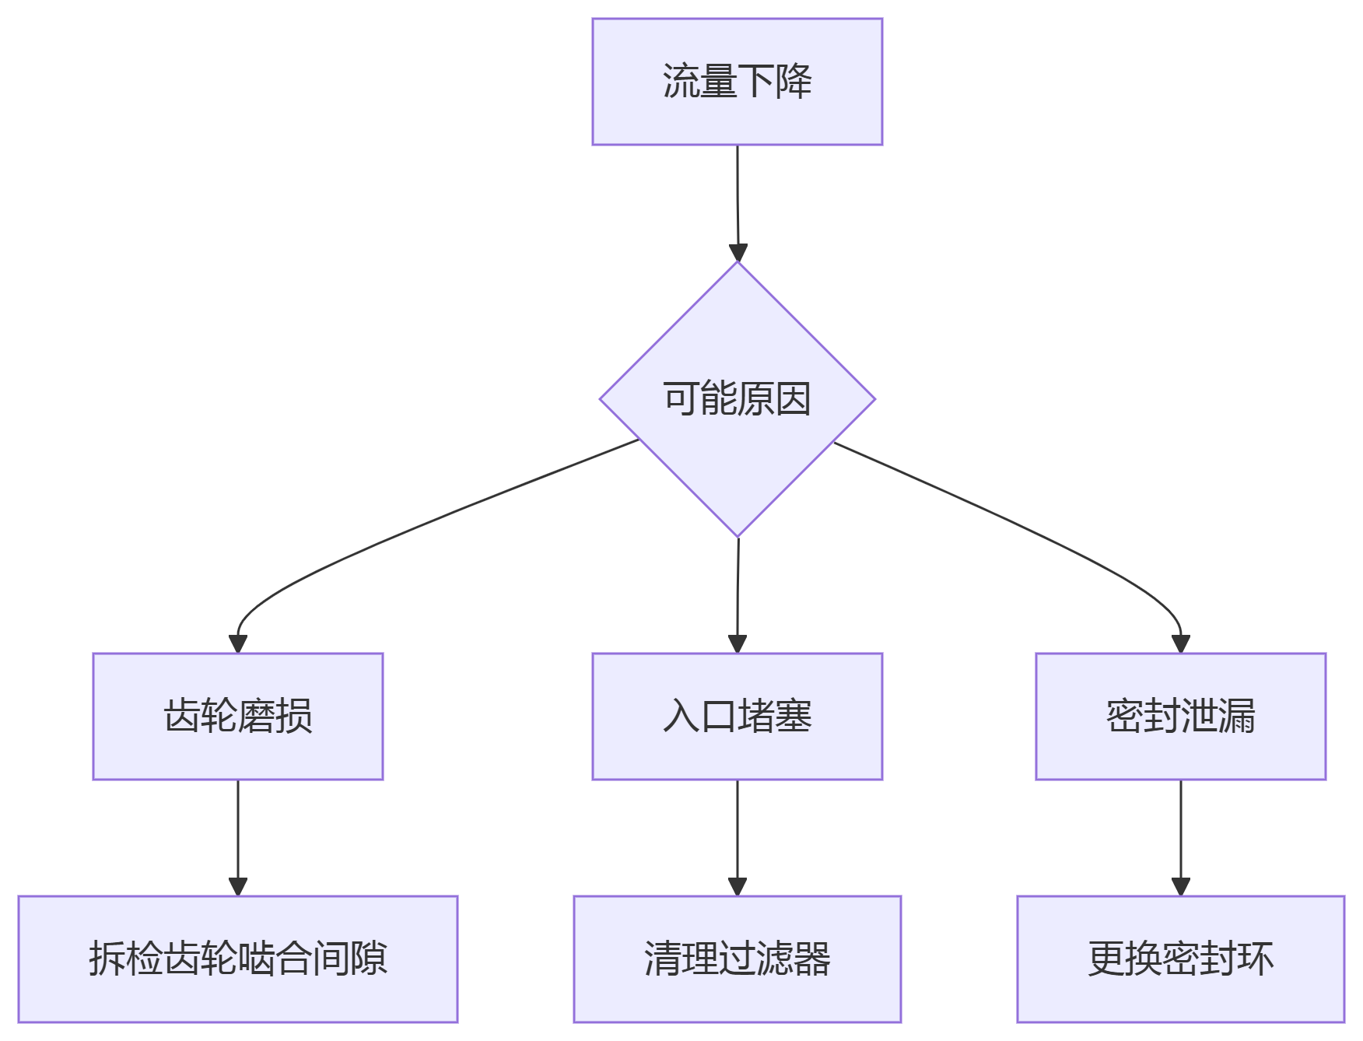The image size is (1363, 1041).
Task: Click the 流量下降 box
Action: (737, 82)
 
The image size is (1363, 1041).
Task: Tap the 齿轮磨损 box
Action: (237, 716)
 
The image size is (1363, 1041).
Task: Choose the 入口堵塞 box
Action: (737, 716)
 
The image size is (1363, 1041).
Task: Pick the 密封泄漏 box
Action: (1180, 716)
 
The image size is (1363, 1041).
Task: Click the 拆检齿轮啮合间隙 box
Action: (237, 959)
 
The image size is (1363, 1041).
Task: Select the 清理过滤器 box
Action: (737, 959)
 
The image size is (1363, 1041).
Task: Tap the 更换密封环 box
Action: (1180, 959)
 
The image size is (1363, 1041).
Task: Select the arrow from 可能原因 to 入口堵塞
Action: (738, 591)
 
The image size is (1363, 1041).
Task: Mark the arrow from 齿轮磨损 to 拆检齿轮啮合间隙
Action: (238, 832)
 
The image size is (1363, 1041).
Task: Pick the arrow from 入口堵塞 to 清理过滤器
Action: (738, 832)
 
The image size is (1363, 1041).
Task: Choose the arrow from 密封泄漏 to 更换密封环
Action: (1181, 832)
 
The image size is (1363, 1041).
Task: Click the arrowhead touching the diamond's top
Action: (738, 253)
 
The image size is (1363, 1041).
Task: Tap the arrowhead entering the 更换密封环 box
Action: (1181, 887)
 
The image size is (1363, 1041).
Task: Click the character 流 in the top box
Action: (681, 81)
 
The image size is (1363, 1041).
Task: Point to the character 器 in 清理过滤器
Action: (812, 959)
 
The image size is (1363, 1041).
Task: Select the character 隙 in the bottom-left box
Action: (369, 959)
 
